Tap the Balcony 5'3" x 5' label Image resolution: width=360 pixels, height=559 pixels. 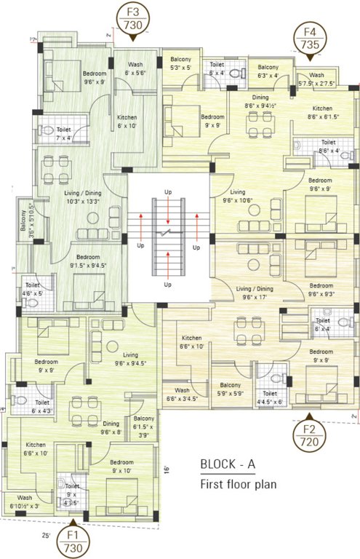(x=180, y=63)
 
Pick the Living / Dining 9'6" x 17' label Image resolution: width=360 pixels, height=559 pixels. (x=255, y=293)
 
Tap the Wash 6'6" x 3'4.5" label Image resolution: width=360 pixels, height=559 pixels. (x=182, y=394)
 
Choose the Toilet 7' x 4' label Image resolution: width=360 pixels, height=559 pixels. (x=65, y=134)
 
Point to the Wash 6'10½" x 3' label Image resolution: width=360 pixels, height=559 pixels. (x=25, y=501)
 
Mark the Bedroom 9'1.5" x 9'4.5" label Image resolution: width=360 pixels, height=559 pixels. (x=89, y=261)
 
